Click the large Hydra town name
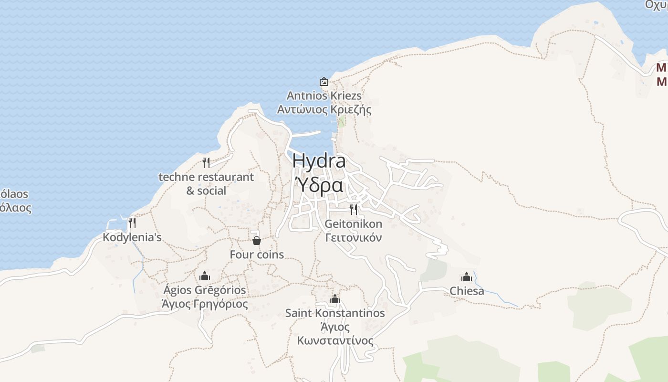(319, 161)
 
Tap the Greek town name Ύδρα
(319, 185)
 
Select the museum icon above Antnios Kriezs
(324, 82)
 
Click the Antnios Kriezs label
(324, 96)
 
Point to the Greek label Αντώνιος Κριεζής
(324, 110)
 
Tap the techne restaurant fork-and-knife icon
(206, 163)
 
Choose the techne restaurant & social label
(206, 183)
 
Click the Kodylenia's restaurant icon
(132, 223)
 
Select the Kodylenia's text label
(132, 237)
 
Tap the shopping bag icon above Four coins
(257, 241)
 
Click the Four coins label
(257, 255)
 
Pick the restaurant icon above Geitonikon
(354, 210)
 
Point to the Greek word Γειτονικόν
(354, 237)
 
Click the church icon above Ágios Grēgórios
(205, 276)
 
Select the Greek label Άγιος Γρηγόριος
(205, 304)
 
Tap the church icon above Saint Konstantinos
(335, 299)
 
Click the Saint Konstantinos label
(335, 313)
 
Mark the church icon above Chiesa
(467, 277)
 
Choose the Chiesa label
(467, 291)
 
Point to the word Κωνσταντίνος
(335, 341)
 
